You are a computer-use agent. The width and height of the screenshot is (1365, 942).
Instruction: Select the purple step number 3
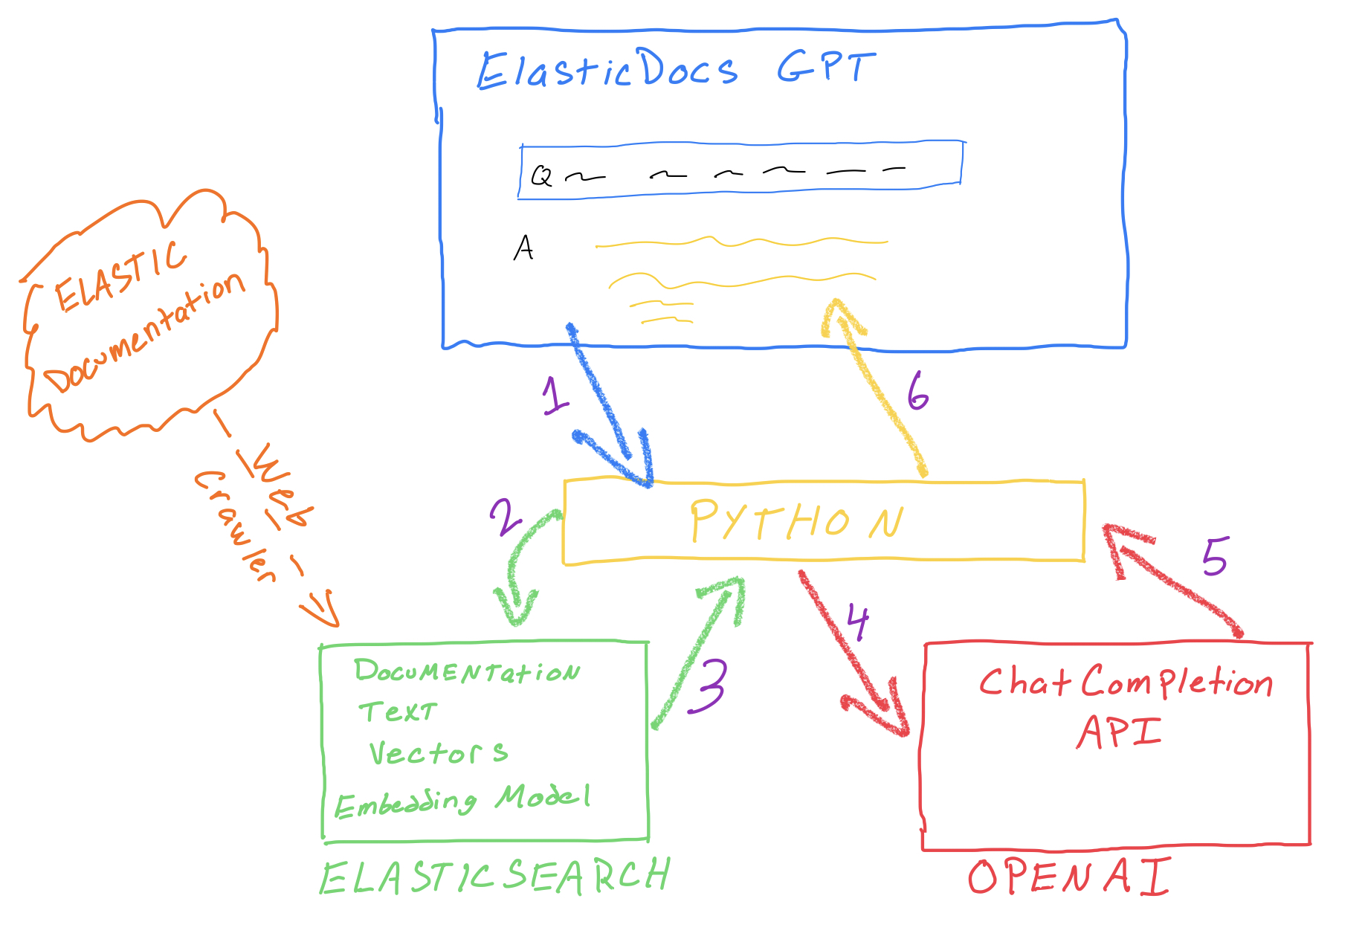pyautogui.click(x=708, y=685)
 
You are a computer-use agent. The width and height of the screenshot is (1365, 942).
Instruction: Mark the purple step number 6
pyautogui.click(x=918, y=391)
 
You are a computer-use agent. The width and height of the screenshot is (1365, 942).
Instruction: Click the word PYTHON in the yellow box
pyautogui.click(x=796, y=521)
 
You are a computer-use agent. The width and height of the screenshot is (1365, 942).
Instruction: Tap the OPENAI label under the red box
pyautogui.click(x=1069, y=877)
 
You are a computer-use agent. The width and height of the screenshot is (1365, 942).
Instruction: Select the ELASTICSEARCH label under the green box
pyautogui.click(x=495, y=877)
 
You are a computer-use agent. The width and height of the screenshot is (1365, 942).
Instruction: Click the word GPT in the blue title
pyautogui.click(x=825, y=68)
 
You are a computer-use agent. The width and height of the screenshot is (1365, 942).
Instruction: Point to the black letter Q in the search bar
pyautogui.click(x=541, y=176)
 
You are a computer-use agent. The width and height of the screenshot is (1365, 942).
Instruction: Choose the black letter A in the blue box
pyautogui.click(x=523, y=248)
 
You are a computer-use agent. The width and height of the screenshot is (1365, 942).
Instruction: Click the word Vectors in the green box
pyautogui.click(x=439, y=753)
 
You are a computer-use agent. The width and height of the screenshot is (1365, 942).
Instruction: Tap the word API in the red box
pyautogui.click(x=1119, y=732)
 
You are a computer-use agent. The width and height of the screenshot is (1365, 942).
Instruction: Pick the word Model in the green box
pyautogui.click(x=543, y=798)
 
